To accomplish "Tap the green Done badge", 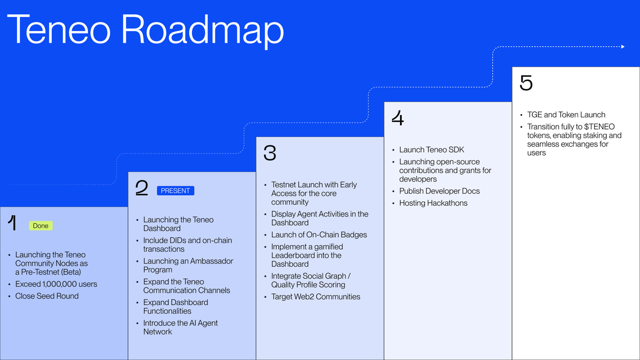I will point(41,226).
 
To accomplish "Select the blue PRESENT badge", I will point(175,190).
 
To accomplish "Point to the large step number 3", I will point(270,153).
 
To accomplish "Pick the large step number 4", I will point(397,118).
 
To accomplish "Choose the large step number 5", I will point(526,83).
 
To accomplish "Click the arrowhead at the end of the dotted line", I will point(622,47).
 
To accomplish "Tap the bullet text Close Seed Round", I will point(47,296).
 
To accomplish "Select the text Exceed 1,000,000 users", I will point(56,284).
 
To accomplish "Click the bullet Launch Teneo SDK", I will point(431,150).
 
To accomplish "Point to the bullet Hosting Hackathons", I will point(433,203).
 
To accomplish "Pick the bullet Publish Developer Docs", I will point(439,191).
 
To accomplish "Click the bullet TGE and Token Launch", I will point(566,115).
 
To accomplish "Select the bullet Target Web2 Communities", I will point(316,297).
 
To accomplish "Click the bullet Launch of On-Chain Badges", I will point(319,235).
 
